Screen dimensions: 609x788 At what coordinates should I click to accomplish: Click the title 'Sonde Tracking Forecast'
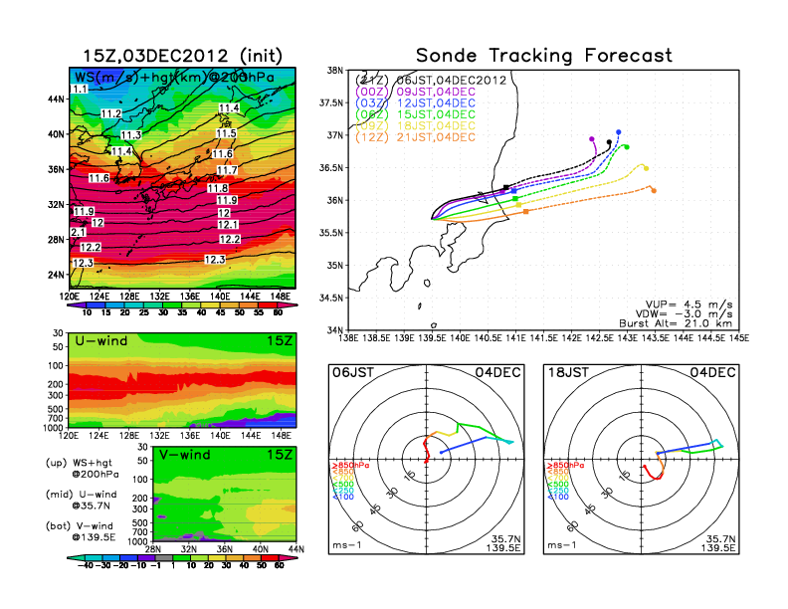click(543, 56)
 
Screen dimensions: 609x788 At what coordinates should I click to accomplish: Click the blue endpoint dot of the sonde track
click(619, 132)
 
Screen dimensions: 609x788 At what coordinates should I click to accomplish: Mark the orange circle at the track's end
click(653, 190)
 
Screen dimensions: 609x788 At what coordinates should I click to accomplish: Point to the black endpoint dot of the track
click(609, 142)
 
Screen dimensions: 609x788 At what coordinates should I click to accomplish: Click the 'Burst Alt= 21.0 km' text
click(688, 322)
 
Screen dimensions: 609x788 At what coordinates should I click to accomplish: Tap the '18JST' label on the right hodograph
click(565, 371)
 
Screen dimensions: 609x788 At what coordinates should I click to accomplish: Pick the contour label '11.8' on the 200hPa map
click(219, 188)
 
